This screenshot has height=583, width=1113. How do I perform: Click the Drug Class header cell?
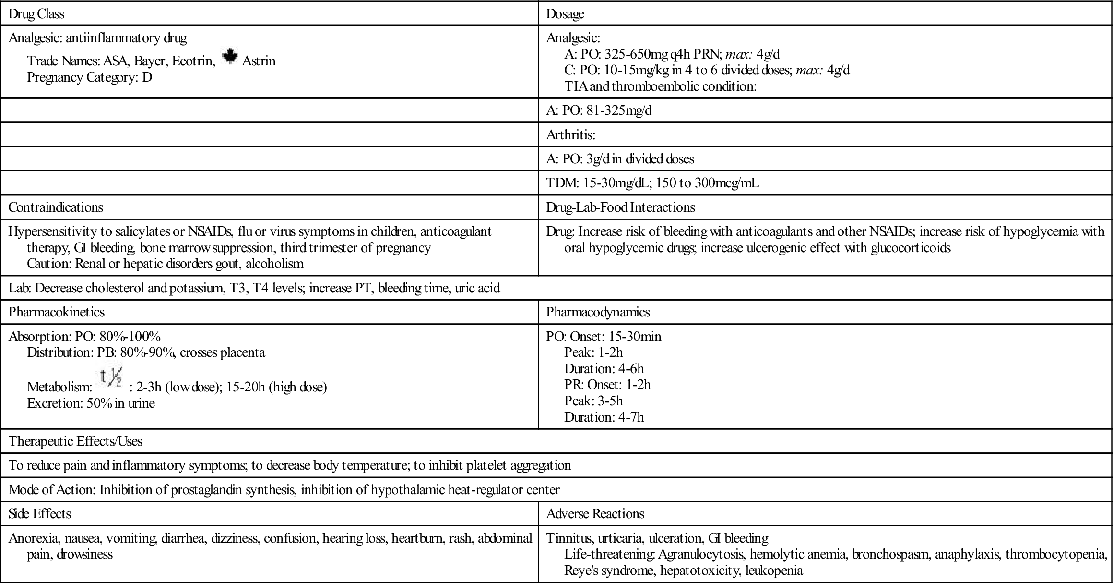36,14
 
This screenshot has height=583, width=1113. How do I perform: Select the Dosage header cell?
565,14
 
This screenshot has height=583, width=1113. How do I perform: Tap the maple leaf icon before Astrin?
230,57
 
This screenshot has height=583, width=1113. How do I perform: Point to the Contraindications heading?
56,207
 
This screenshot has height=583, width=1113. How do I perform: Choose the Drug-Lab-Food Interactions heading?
620,207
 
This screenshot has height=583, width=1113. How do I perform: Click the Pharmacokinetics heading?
57,312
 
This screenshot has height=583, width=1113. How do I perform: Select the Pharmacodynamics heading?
598,312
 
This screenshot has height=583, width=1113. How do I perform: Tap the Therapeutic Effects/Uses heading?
76,441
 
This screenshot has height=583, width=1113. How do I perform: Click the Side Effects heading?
40,513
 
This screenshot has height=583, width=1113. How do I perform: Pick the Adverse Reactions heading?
595,513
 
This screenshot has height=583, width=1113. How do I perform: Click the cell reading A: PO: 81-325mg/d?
599,110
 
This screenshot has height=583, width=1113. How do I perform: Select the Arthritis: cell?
570,134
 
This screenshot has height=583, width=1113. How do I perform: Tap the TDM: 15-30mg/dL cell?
652,182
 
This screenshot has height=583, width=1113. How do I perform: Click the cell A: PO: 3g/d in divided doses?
620,158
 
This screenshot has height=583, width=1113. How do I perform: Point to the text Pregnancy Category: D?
90,77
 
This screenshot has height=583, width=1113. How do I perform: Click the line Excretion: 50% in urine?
91,403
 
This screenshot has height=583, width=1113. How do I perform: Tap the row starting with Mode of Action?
284,489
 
